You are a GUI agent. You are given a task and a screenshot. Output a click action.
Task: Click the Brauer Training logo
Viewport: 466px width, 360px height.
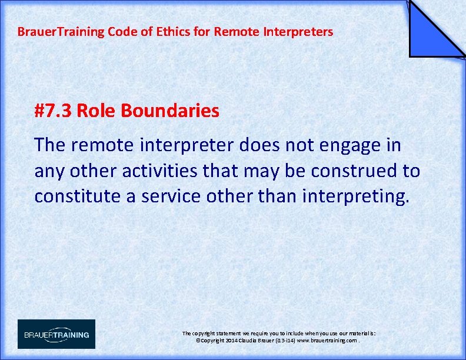[56, 334]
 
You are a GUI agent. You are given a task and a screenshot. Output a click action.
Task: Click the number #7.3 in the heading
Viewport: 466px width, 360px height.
[54, 110]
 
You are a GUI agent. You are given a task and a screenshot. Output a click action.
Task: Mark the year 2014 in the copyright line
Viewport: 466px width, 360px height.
[230, 341]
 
